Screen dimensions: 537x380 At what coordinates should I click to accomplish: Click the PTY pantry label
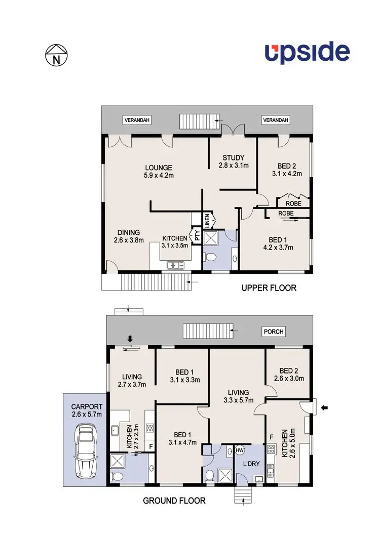196,235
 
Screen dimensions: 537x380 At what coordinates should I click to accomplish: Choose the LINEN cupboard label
207,220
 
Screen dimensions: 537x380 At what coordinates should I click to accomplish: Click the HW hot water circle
240,450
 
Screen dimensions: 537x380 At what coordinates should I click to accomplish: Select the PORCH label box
274,332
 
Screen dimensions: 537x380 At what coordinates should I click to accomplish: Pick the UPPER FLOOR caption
269,288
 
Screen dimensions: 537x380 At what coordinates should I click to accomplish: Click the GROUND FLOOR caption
174,501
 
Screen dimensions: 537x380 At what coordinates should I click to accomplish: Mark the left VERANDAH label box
137,120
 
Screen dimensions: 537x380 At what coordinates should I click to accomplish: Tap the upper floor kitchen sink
176,264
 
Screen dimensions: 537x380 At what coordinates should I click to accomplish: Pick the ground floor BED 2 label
290,374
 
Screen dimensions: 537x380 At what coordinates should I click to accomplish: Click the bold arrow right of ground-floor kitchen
325,406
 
